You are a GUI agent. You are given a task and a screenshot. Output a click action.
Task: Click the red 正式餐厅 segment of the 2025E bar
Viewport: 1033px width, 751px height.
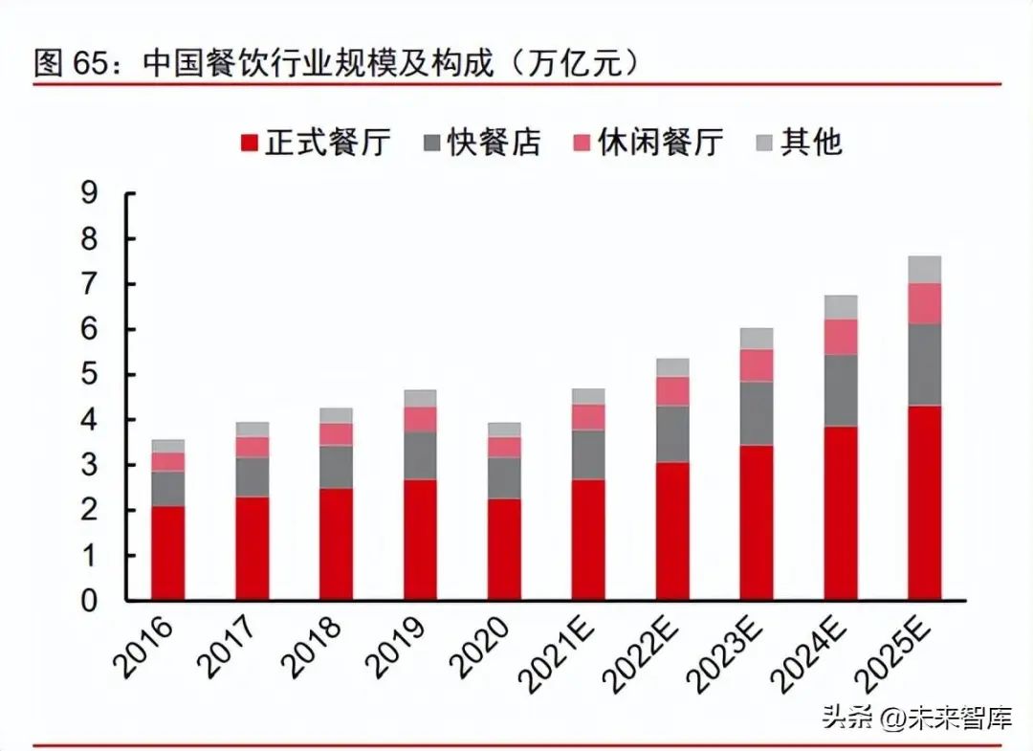tap(925, 502)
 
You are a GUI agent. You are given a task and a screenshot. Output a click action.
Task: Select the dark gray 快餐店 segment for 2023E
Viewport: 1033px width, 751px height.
tap(757, 413)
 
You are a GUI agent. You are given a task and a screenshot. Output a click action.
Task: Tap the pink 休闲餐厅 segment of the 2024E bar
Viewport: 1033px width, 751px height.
tap(841, 337)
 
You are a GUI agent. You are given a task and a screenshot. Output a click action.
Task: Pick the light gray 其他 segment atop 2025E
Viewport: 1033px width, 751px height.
tap(925, 269)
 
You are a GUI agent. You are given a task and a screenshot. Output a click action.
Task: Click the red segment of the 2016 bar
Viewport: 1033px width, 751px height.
tap(168, 553)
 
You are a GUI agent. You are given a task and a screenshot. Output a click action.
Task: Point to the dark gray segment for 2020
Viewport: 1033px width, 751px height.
tap(505, 477)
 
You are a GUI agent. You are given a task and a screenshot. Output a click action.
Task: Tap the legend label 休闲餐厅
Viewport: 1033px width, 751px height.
tap(661, 144)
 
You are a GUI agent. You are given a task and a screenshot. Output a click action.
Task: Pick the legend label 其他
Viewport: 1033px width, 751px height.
tap(811, 144)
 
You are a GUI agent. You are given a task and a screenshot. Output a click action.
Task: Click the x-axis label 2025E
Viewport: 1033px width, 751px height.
tap(897, 652)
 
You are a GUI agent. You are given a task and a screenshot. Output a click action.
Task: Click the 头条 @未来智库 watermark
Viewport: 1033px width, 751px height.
tap(916, 717)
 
